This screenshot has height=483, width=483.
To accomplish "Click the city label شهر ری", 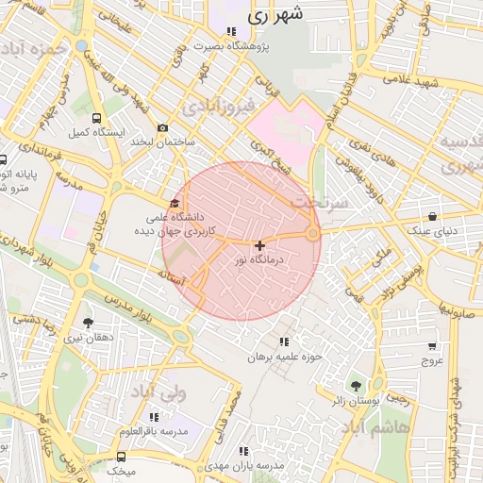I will [276, 16].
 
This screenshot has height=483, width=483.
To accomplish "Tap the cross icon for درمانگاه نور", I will [260, 245].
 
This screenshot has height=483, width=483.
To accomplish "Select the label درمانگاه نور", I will [260, 259].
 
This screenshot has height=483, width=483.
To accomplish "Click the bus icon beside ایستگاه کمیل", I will [97, 119].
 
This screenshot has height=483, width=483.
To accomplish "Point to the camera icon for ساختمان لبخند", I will [163, 127].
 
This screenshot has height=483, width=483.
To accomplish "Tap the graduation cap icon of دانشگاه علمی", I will [174, 203].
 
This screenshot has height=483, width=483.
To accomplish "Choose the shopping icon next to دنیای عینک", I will [432, 216].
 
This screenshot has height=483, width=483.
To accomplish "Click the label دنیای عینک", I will [431, 230].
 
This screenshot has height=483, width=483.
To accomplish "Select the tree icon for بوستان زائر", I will [356, 386].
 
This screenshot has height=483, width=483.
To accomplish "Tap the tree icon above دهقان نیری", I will [88, 323].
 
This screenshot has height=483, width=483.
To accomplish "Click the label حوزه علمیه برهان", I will [285, 357].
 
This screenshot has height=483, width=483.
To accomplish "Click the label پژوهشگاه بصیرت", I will [232, 45].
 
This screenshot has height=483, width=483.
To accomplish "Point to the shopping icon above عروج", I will [432, 346].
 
